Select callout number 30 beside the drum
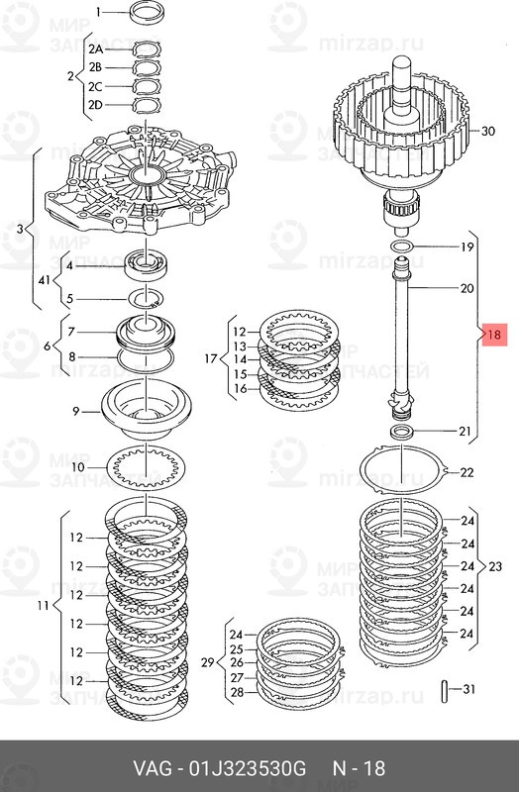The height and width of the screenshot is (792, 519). [x=486, y=131]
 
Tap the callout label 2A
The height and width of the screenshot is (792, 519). [x=95, y=49]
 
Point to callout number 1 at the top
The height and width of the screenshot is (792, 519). [x=97, y=12]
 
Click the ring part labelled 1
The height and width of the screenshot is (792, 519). [x=147, y=14]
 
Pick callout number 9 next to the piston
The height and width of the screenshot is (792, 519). [x=75, y=411]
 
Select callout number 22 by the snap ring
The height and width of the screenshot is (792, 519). [x=467, y=472]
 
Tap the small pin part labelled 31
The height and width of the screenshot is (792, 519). [x=449, y=689]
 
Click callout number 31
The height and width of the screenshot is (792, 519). [x=469, y=689]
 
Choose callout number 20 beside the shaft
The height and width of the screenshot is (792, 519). [x=467, y=288]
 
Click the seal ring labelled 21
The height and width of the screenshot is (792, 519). [x=400, y=433]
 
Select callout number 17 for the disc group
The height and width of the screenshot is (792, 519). [x=210, y=358]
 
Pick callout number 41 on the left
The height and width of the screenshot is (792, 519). [x=43, y=281]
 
